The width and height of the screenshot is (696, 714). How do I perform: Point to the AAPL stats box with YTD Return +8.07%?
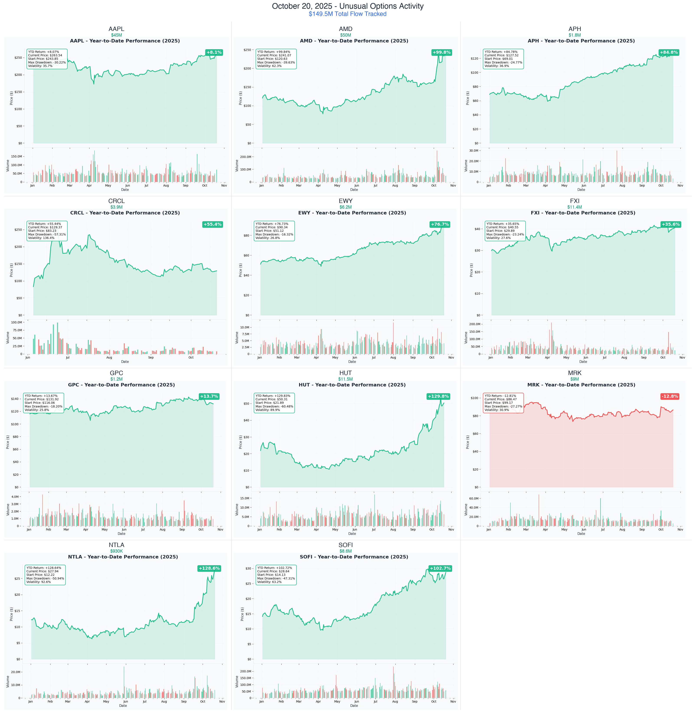coord(47,59)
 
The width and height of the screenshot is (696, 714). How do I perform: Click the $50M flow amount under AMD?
coord(346,35)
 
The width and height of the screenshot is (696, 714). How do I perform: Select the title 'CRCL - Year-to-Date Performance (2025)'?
coord(125,213)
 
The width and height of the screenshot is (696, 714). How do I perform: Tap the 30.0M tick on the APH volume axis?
coord(474,151)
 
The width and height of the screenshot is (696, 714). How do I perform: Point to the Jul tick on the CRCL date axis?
coord(68,358)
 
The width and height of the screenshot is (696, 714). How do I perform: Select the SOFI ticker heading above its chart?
coord(346,545)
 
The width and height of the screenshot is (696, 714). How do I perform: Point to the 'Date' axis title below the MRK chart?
coord(581,534)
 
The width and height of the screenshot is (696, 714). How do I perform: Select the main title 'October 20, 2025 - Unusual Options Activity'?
coord(348,6)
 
